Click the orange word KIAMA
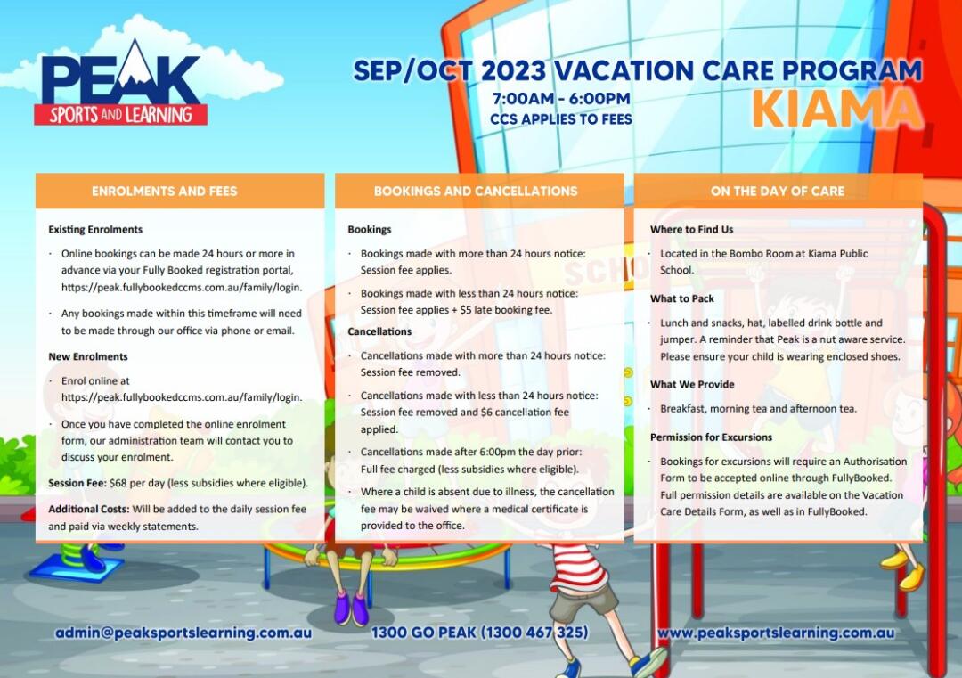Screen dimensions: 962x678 pos(836,110)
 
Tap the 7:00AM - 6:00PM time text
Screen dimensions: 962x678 pos(561,98)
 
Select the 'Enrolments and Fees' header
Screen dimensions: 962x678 pos(165,191)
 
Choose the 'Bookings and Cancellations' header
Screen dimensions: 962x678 pos(476,191)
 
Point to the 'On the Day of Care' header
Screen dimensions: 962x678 pos(778,191)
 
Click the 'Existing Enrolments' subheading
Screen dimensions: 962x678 pos(95,230)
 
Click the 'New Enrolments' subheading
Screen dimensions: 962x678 pos(87,356)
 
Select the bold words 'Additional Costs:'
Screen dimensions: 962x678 pos(89,509)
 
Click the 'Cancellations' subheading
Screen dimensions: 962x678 pos(379,331)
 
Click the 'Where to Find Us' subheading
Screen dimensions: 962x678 pos(691,230)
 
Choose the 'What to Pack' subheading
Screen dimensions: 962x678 pos(682,298)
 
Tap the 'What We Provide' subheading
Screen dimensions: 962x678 pos(692,384)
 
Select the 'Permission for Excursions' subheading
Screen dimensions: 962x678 pos(711,437)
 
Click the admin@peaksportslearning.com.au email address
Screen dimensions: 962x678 pos(183,633)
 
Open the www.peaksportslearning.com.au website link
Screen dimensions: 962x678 pos(776,633)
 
